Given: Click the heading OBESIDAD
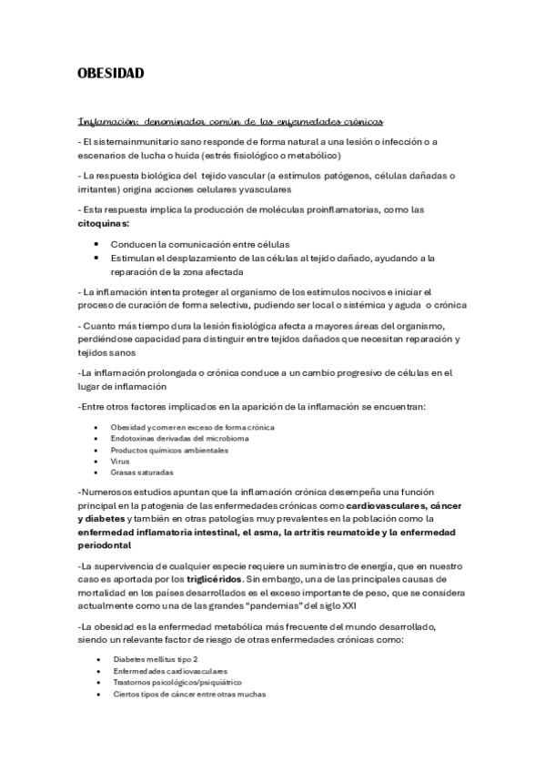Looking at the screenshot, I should point(110,74).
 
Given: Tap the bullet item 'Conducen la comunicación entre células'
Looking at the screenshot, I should point(200,245).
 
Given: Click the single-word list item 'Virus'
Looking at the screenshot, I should point(120,461).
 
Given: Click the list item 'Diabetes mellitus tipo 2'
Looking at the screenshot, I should point(156,658).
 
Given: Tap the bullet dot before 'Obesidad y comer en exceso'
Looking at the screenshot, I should point(96,427).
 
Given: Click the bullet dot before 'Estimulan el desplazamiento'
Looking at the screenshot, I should point(96,258).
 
